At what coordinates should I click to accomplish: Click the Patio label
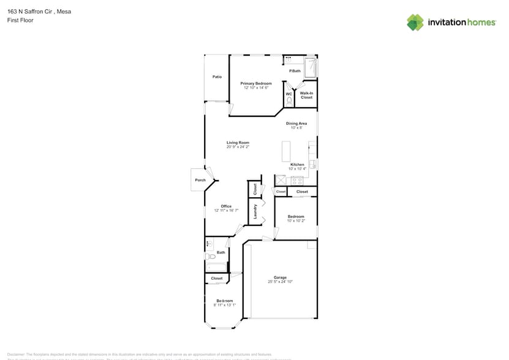coord(217,77)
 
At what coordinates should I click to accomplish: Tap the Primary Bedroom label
coord(256,83)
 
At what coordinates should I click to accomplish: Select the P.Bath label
coord(295,72)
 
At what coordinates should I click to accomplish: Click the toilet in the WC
coord(289,100)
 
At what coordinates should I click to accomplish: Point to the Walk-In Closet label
coord(306,95)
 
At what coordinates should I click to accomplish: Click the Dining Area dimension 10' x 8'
coord(296,128)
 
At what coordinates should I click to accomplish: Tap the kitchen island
coord(286,151)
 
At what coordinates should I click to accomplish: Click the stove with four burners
coord(297,180)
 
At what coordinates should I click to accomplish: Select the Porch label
coord(200,180)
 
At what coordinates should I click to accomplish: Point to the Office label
coord(226,206)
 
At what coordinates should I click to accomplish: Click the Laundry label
coord(255,211)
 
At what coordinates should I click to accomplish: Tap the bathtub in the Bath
coord(217,267)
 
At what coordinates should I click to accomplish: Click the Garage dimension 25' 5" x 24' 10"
coord(280,282)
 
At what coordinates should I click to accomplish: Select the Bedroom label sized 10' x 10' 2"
coord(296,216)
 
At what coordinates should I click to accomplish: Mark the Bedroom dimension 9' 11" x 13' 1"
coord(224,305)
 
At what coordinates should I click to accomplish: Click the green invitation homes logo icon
coord(415,22)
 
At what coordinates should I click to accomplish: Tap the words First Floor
coord(20,20)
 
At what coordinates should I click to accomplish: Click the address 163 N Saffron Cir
coord(31,10)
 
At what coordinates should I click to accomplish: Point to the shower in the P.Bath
coord(311,67)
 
